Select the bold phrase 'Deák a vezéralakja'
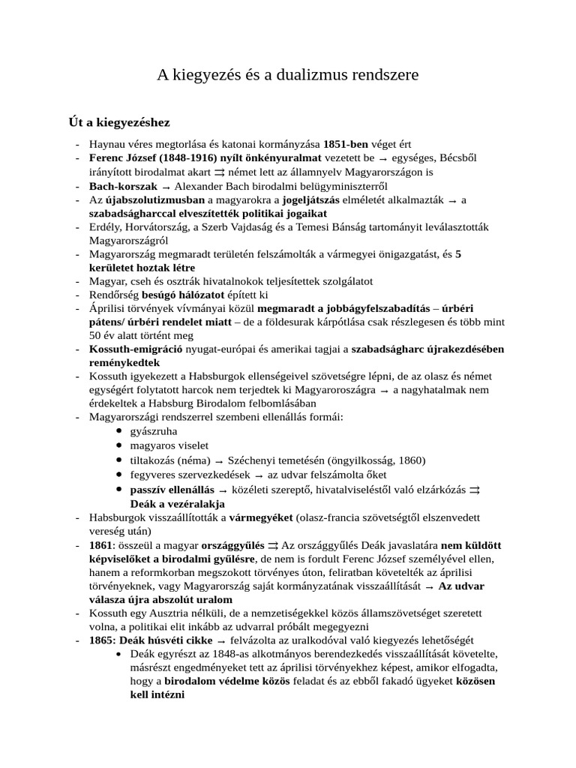178,503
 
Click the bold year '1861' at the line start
101,544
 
